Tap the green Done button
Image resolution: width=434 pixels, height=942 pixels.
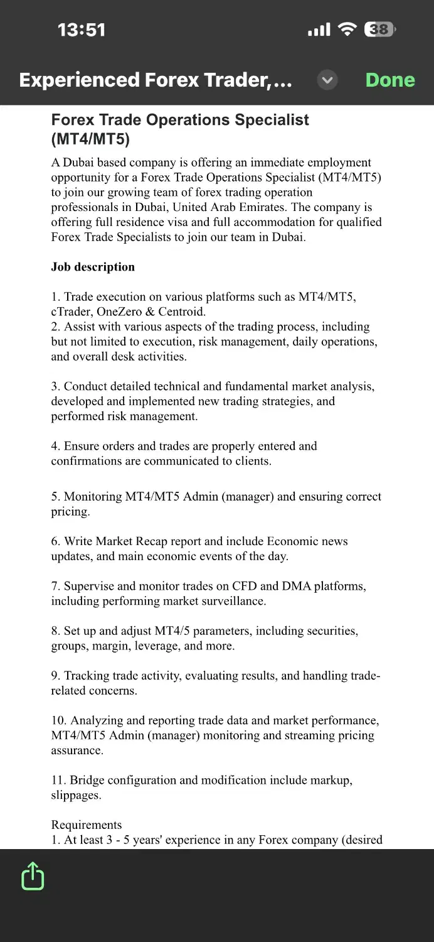[x=390, y=80]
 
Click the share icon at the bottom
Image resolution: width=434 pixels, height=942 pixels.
[x=33, y=875]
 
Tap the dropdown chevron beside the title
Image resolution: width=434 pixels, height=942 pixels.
[x=327, y=80]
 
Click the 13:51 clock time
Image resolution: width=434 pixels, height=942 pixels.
[x=82, y=30]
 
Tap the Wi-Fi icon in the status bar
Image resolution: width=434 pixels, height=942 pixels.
[x=347, y=30]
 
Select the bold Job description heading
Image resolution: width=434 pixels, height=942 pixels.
[x=93, y=267]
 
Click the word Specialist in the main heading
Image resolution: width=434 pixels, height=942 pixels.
[x=271, y=120]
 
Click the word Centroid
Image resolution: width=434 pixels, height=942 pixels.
[x=182, y=311]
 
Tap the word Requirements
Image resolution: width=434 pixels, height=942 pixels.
[x=87, y=825]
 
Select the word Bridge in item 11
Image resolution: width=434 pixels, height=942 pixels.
[x=87, y=780]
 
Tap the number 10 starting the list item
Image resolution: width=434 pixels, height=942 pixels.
[x=58, y=720]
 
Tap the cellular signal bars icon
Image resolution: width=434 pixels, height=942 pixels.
[x=319, y=30]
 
